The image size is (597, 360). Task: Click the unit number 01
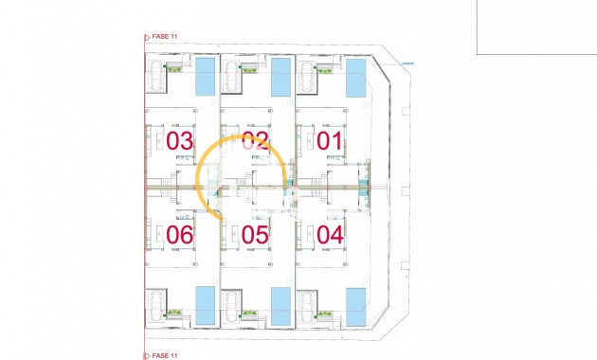[x=330, y=141]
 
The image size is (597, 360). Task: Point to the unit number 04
[x=330, y=234]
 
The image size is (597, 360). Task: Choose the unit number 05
[x=255, y=235]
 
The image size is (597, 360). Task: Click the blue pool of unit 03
[x=205, y=77]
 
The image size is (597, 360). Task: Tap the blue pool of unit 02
[x=280, y=77]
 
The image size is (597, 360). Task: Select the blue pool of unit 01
[x=355, y=77]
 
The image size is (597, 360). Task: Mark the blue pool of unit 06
[x=205, y=304]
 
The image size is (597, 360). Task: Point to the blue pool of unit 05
[x=280, y=305]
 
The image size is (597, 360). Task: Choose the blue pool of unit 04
[x=355, y=305]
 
